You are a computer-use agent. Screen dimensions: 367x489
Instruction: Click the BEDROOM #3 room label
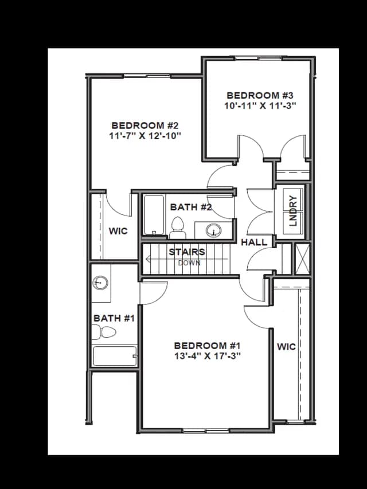pyautogui.click(x=260, y=95)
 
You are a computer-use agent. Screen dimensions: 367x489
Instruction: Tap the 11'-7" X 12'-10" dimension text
pyautogui.click(x=145, y=136)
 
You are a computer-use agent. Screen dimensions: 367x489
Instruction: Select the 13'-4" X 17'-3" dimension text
pyautogui.click(x=208, y=356)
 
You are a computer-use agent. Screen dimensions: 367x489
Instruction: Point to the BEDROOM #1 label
pyautogui.click(x=208, y=346)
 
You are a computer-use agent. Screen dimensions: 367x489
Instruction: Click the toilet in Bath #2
pyautogui.click(x=178, y=228)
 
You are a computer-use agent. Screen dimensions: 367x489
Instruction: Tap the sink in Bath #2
pyautogui.click(x=214, y=230)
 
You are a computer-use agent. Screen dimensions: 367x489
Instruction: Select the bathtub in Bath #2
pyautogui.click(x=154, y=214)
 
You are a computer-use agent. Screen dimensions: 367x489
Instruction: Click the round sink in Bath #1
pyautogui.click(x=100, y=283)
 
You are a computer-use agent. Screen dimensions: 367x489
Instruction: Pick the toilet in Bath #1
pyautogui.click(x=104, y=332)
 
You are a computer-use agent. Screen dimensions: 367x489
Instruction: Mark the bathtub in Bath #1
pyautogui.click(x=115, y=356)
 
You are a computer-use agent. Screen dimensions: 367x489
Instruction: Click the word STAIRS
pyautogui.click(x=187, y=252)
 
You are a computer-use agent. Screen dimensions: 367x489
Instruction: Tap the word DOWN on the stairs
pyautogui.click(x=189, y=263)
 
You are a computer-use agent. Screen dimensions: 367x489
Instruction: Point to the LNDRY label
pyautogui.click(x=294, y=211)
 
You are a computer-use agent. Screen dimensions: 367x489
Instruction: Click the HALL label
pyautogui.click(x=254, y=242)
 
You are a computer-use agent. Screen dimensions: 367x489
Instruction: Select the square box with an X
pyautogui.click(x=302, y=259)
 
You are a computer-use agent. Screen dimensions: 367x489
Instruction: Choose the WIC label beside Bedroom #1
pyautogui.click(x=286, y=346)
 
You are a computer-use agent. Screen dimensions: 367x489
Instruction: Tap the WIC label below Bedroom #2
pyautogui.click(x=118, y=231)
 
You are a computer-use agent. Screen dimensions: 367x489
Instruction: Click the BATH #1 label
pyautogui.click(x=114, y=318)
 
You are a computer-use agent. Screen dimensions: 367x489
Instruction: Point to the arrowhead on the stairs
pyautogui.click(x=148, y=259)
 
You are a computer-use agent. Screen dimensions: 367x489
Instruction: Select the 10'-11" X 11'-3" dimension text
pyautogui.click(x=260, y=105)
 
